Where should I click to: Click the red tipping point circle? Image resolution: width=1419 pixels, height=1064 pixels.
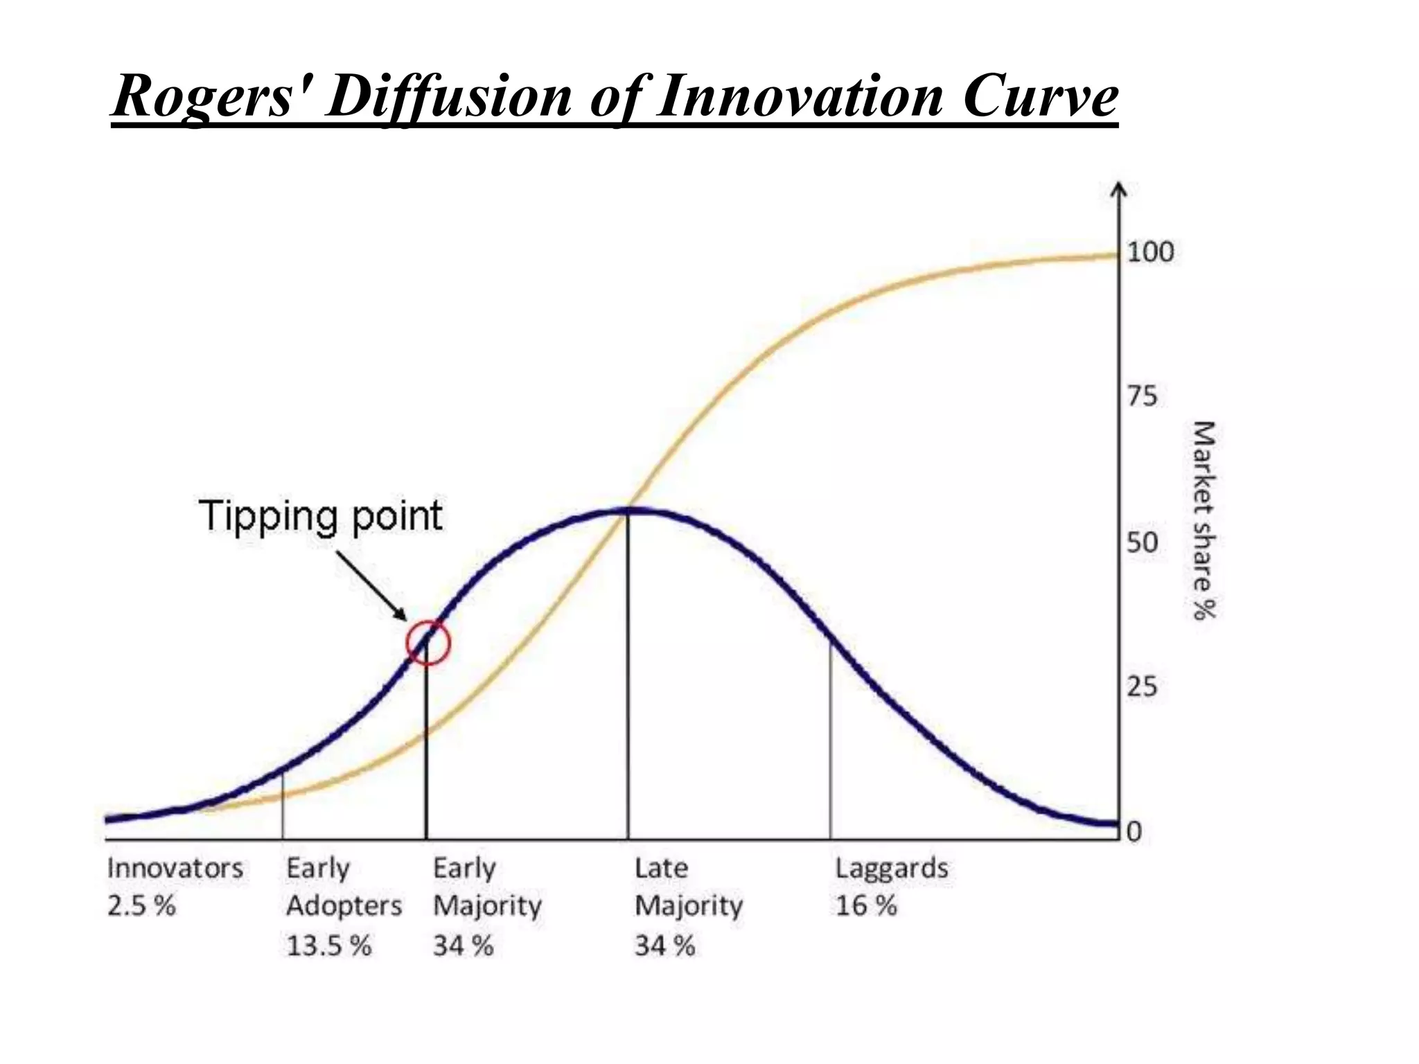(x=428, y=643)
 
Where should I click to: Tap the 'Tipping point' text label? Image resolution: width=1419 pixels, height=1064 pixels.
(x=321, y=516)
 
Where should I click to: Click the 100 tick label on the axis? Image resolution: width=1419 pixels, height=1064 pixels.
(x=1150, y=252)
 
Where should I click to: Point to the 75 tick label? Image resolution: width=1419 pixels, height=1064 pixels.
(x=1142, y=397)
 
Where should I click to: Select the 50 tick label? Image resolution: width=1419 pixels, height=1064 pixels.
(x=1142, y=542)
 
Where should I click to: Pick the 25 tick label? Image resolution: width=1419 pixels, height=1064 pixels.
(x=1142, y=687)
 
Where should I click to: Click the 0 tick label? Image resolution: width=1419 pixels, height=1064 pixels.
(x=1134, y=831)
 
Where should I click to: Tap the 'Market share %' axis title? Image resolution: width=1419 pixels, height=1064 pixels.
(x=1204, y=520)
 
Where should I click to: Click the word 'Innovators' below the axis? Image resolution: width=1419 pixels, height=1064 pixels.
(x=175, y=869)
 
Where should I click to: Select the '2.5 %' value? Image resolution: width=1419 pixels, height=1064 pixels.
(x=141, y=906)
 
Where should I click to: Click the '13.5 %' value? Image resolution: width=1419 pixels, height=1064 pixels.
(x=329, y=946)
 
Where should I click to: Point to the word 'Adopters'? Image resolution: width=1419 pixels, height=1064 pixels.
(x=344, y=906)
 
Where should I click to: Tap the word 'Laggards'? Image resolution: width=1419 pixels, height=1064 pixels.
(x=892, y=869)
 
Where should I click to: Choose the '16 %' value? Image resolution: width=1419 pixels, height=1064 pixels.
(x=866, y=906)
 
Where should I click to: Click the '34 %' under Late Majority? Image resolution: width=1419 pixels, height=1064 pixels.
(x=665, y=946)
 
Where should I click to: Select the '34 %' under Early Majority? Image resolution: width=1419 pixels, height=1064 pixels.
(x=463, y=946)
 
